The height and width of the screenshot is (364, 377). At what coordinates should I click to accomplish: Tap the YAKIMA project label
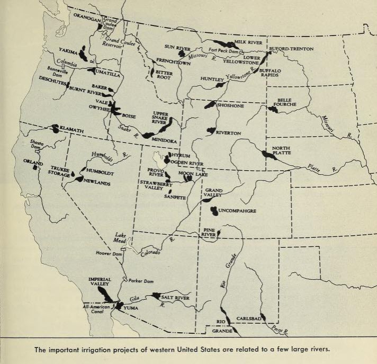68,52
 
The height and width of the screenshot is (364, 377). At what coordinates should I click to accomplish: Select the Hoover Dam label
110,254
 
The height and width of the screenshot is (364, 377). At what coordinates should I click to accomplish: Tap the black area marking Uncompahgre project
213,211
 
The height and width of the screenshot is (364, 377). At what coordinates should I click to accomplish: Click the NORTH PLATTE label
282,151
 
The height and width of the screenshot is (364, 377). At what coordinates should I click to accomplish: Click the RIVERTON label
229,132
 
